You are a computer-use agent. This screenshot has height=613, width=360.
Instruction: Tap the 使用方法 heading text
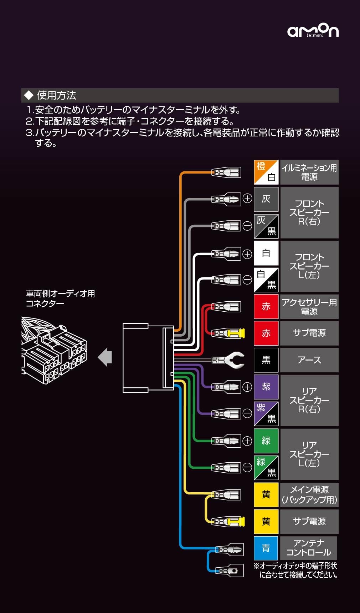point(56,95)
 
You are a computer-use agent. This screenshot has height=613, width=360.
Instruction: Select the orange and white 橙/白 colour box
point(266,172)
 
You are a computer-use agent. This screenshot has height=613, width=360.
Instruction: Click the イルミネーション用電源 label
point(309,172)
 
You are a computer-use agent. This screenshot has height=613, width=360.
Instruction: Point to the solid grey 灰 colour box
point(266,199)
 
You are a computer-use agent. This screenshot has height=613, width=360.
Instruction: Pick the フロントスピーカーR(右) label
point(309,212)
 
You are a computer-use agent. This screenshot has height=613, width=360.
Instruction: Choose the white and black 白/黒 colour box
point(266,280)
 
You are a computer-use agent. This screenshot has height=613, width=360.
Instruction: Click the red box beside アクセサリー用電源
point(266,306)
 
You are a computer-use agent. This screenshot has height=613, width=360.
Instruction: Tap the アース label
point(309,360)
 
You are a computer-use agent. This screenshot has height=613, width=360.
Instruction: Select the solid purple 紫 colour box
point(266,387)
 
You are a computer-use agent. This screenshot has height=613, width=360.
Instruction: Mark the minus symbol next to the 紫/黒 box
point(247,413)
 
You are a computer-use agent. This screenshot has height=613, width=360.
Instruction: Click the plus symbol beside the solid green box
point(247,441)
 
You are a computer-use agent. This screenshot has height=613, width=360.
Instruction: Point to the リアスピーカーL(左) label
point(309,454)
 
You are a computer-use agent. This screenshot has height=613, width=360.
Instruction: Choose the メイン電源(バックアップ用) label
point(309,494)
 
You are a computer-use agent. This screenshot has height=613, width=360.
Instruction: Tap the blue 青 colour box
point(266,548)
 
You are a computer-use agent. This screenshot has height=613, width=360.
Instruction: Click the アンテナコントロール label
point(309,548)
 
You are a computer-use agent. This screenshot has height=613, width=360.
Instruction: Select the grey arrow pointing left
point(105,357)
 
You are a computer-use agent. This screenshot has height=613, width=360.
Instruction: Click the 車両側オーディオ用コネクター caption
point(60,298)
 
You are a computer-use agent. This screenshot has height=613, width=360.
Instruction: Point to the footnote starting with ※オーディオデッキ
point(295,570)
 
